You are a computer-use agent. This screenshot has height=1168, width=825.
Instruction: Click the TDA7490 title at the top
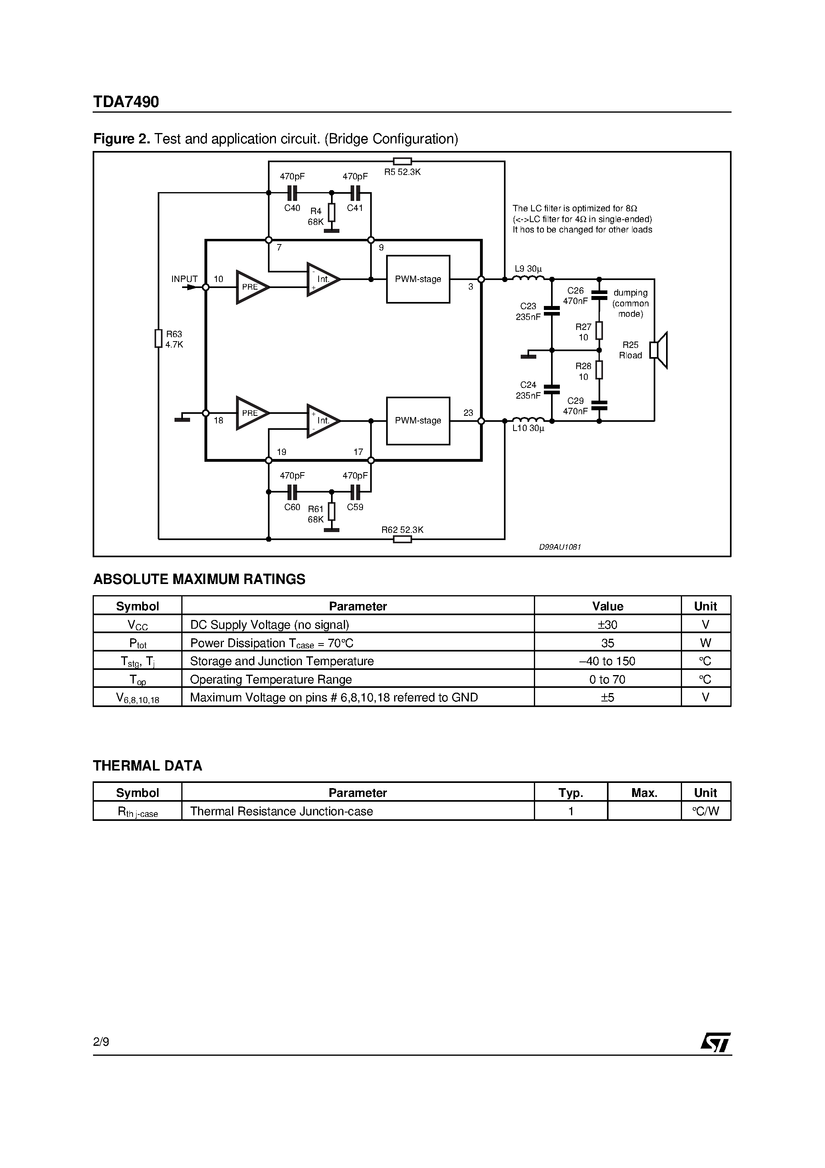(126, 102)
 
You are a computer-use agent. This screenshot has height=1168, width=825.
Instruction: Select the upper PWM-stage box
(418, 279)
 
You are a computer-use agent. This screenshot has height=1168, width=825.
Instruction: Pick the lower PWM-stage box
(418, 421)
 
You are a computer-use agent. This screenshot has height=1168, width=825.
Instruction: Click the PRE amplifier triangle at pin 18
(251, 413)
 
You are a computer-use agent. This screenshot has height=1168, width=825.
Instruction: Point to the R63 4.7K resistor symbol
(159, 339)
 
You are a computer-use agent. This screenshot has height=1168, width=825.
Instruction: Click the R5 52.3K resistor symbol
(403, 162)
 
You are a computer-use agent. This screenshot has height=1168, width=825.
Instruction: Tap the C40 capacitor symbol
(292, 193)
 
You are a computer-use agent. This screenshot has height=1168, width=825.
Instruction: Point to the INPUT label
(184, 279)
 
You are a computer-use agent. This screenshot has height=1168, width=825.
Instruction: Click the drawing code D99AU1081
(559, 547)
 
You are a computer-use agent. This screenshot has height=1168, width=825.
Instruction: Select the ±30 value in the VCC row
(607, 625)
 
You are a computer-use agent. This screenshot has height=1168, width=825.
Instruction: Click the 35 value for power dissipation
(607, 643)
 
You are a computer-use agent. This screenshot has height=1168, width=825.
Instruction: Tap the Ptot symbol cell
(137, 644)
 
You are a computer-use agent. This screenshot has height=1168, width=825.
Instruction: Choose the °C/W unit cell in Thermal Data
(706, 811)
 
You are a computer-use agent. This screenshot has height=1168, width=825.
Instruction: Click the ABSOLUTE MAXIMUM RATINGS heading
(199, 580)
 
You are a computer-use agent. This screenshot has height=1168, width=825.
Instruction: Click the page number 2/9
(101, 1042)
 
